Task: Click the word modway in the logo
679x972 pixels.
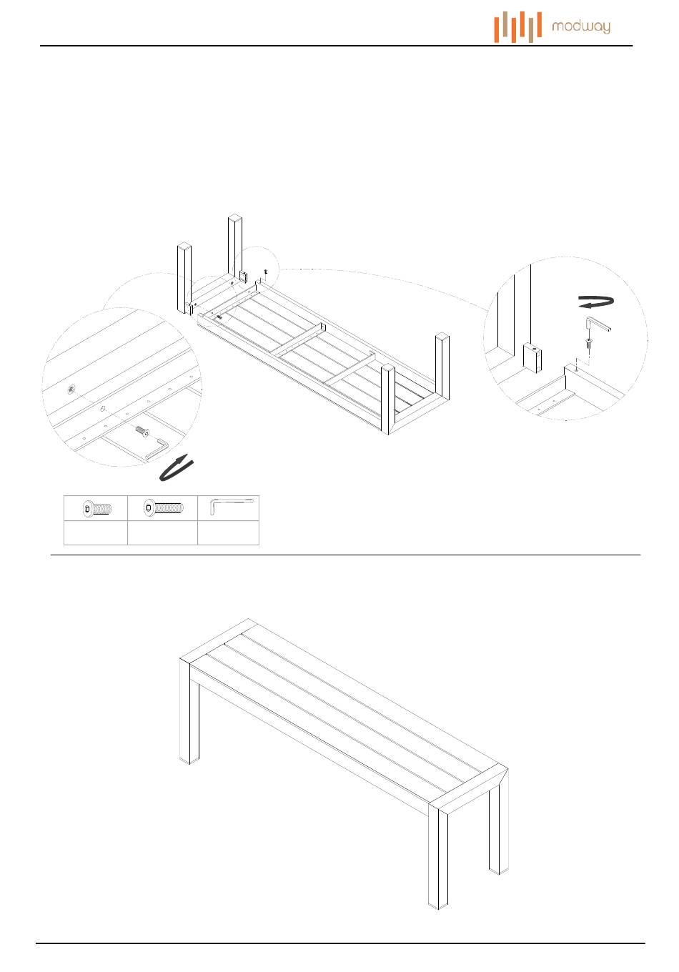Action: click(x=580, y=28)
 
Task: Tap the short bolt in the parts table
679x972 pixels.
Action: click(x=96, y=508)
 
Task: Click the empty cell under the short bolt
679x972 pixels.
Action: click(x=96, y=533)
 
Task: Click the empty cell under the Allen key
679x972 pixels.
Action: click(x=229, y=533)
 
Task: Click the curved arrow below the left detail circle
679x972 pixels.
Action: click(x=176, y=467)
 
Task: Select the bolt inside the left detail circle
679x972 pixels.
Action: click(x=142, y=431)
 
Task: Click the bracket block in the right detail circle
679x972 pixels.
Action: click(x=532, y=357)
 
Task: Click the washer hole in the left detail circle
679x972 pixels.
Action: click(x=72, y=389)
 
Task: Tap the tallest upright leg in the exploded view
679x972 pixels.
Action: click(x=235, y=247)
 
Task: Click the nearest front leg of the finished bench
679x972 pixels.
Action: click(x=438, y=854)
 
